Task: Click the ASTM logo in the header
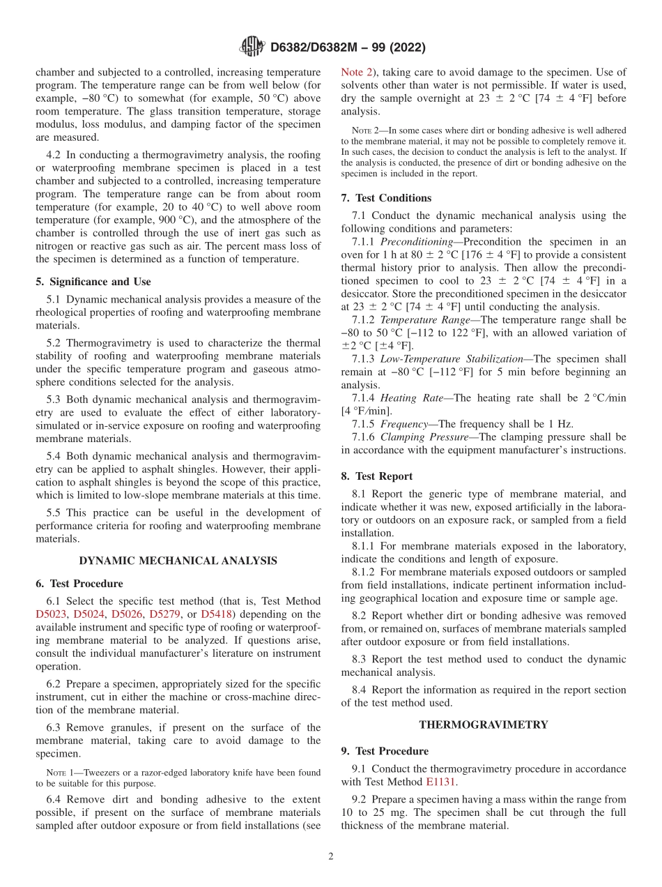coord(252,47)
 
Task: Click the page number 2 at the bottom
coord(331,856)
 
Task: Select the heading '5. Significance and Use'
coord(93,282)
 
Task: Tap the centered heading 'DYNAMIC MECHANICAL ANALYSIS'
coord(178,560)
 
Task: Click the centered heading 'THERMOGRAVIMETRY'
coord(483,725)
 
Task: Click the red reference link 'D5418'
coord(216,614)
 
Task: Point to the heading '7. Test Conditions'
coord(386,198)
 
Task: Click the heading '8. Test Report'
coord(377,476)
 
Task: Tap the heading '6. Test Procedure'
coord(79,584)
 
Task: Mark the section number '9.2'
coord(360,799)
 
